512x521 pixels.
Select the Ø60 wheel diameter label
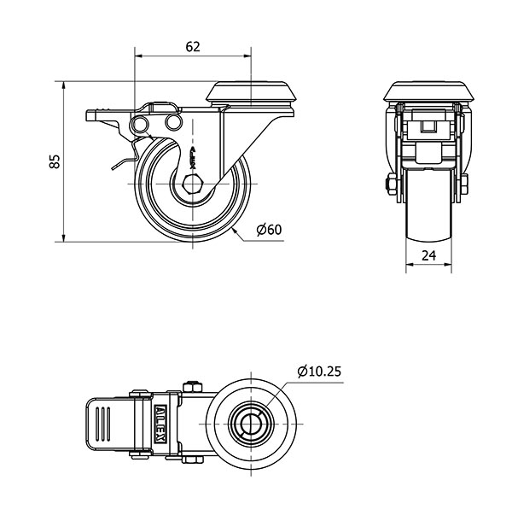pyautogui.click(x=269, y=229)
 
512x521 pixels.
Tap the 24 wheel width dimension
pyautogui.click(x=428, y=255)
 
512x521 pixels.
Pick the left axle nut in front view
pyautogui.click(x=391, y=184)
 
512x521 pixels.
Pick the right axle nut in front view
pyautogui.click(x=466, y=184)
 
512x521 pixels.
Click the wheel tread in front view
pyautogui.click(x=428, y=214)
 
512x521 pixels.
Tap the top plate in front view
pyautogui.click(x=428, y=91)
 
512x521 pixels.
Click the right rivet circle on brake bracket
pyautogui.click(x=173, y=125)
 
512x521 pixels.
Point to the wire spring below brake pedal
pyautogui.click(x=124, y=160)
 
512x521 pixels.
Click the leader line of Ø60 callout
pyautogui.click(x=243, y=232)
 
